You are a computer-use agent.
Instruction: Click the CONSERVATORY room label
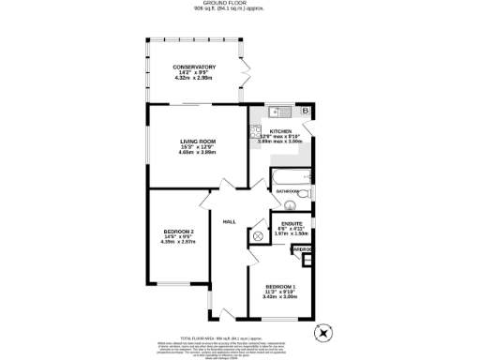click(194, 67)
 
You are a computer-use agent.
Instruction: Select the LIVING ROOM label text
click(198, 141)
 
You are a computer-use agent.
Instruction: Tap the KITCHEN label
click(281, 130)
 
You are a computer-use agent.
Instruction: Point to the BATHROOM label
click(287, 191)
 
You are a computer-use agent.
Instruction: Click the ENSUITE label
click(292, 223)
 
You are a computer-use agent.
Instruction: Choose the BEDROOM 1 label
click(281, 286)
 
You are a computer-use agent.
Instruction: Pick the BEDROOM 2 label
click(178, 232)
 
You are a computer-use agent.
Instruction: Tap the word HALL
click(229, 222)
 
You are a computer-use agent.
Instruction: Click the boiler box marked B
click(311, 111)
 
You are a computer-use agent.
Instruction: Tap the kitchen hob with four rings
click(254, 132)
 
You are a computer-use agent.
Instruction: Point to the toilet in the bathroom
click(290, 206)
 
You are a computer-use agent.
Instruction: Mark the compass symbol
click(324, 332)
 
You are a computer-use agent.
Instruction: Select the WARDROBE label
click(303, 249)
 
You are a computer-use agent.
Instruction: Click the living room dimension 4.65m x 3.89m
click(198, 152)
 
